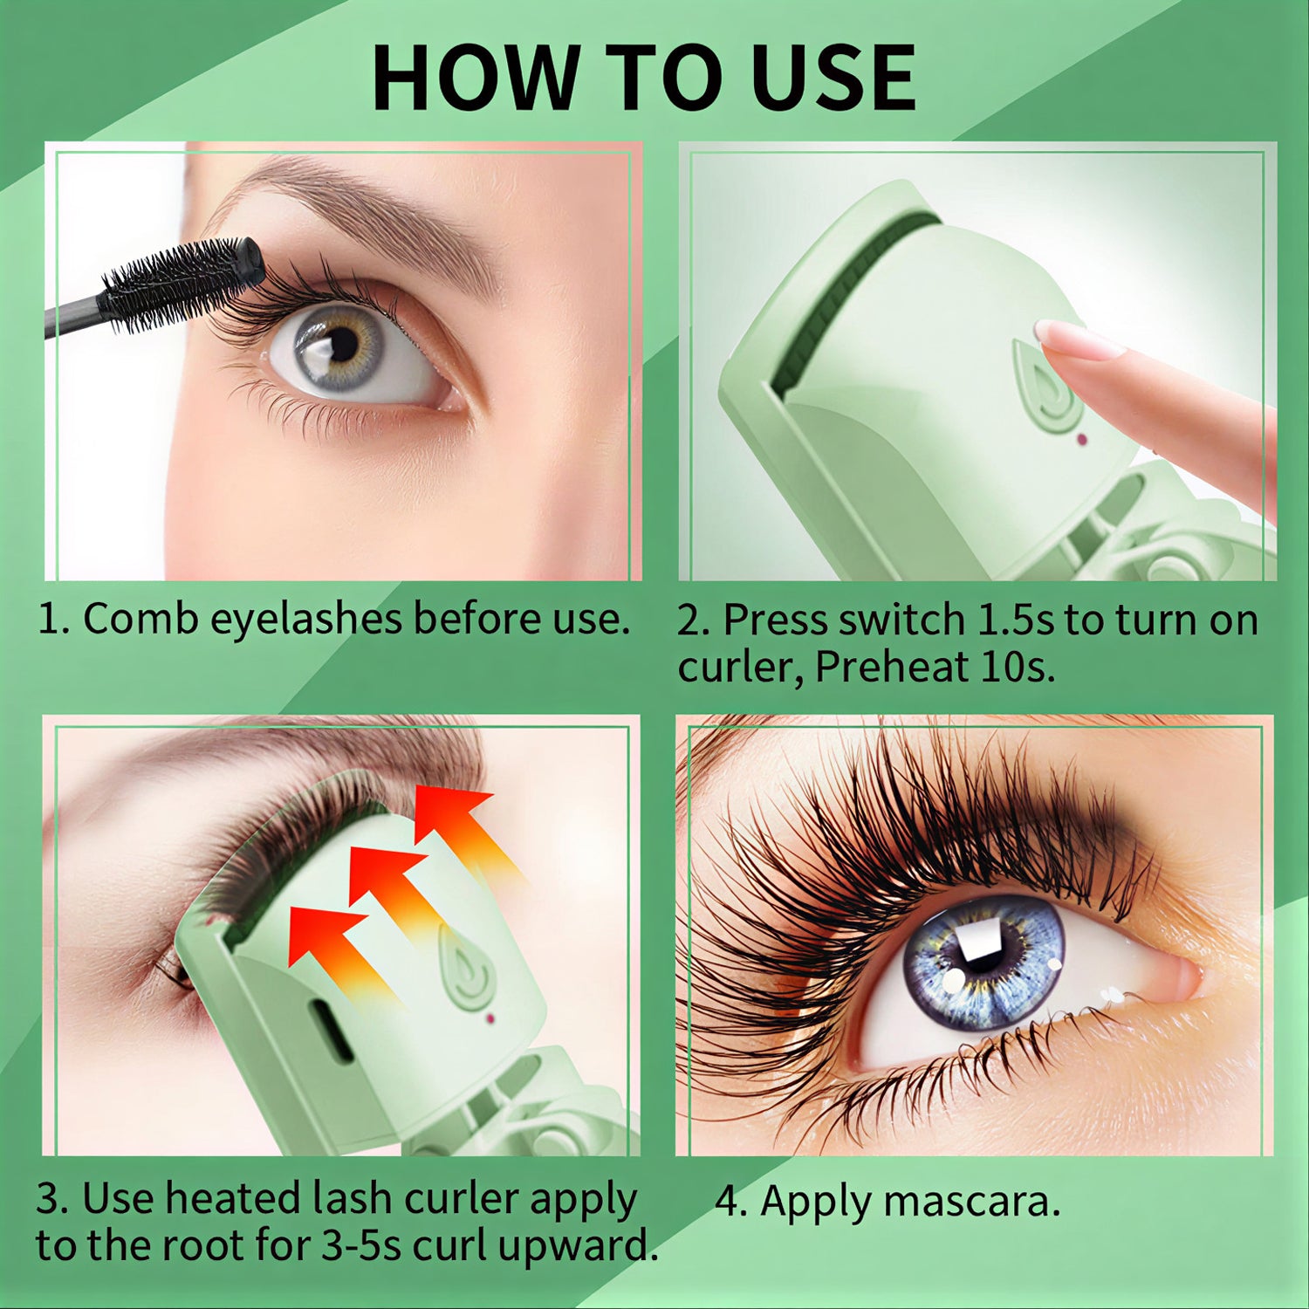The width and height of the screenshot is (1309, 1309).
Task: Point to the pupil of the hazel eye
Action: click(342, 346)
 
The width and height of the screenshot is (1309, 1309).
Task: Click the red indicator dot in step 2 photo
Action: click(1081, 439)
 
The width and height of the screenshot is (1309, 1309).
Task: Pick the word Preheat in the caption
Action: click(891, 668)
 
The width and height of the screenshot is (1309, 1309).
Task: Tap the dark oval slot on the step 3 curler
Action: click(331, 1030)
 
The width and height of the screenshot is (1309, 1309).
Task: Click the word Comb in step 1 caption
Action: click(140, 619)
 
